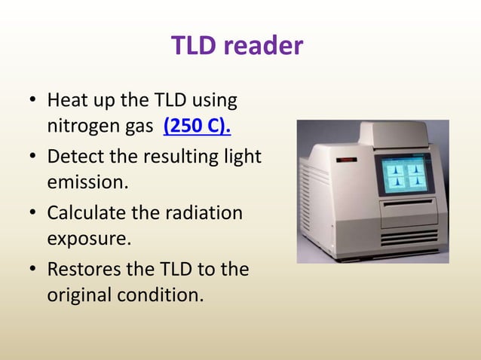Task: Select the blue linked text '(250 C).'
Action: pos(197,124)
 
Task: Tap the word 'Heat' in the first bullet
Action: pos(68,100)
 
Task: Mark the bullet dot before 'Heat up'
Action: pos(32,101)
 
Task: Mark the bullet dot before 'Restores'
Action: pos(32,270)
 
